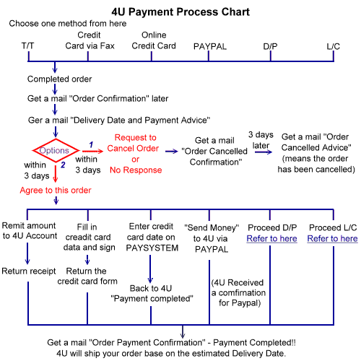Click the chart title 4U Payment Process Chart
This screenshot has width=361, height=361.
click(x=180, y=12)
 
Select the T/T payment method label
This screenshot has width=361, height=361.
click(x=27, y=45)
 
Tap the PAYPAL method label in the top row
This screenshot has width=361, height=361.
click(x=210, y=46)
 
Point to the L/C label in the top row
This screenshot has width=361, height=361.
click(x=334, y=46)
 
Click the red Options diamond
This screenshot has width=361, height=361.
click(x=56, y=139)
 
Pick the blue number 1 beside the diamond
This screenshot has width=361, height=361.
click(x=91, y=144)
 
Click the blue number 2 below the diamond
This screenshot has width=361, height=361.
click(x=63, y=165)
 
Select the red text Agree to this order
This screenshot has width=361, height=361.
click(x=56, y=190)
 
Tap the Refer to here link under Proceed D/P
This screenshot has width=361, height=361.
click(x=271, y=238)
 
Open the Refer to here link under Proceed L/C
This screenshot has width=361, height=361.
click(x=332, y=238)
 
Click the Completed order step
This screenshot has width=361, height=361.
click(x=59, y=79)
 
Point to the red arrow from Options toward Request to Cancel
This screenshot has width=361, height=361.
click(x=92, y=151)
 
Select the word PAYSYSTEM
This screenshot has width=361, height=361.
click(x=152, y=248)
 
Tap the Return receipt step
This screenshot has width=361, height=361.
click(x=29, y=271)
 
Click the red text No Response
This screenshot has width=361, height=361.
click(x=136, y=170)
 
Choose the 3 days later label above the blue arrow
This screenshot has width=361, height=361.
click(x=261, y=140)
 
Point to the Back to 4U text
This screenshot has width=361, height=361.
click(x=151, y=288)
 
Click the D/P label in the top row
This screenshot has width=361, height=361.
click(x=270, y=46)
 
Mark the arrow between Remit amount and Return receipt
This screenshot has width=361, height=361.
click(x=27, y=253)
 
